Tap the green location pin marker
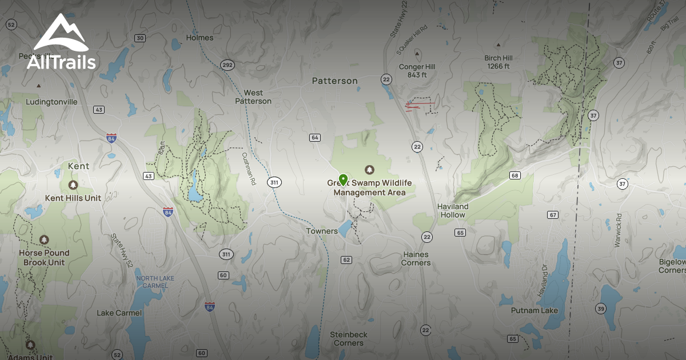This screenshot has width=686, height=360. click(x=343, y=180)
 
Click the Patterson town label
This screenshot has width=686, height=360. click(x=334, y=81)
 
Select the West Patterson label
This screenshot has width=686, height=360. click(x=253, y=97)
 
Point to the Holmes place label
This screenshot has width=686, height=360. click(x=200, y=38)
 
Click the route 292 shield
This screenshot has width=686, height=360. click(x=227, y=65)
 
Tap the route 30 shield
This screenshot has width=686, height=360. click(x=140, y=38)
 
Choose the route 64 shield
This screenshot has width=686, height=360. click(x=315, y=138)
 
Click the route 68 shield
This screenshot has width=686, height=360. click(x=515, y=175)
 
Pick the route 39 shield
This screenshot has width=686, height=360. click(x=600, y=309)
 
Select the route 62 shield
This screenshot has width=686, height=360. click(x=346, y=260)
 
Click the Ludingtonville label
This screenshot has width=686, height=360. click(x=51, y=102)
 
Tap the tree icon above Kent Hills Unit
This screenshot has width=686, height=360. click(x=73, y=185)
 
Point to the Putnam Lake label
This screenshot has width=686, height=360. click(x=535, y=310)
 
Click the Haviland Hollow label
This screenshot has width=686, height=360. click(x=453, y=210)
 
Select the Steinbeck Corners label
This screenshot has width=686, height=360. click(x=348, y=338)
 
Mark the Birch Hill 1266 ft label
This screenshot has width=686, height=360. click(x=498, y=62)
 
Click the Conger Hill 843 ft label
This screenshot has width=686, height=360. click(x=417, y=71)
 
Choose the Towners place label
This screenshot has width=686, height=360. click(x=322, y=231)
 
